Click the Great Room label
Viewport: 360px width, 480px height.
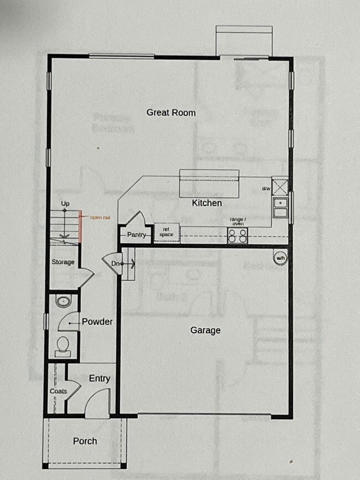pos(171,112)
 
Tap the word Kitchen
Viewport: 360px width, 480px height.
pos(207,203)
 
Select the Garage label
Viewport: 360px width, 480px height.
pos(205,330)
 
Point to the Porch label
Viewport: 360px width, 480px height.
pos(85,441)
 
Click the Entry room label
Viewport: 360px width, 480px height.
pos(100,379)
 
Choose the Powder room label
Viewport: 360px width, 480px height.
pos(97,322)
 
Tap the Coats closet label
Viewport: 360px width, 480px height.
pos(58,391)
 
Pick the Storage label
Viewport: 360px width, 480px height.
pos(63,262)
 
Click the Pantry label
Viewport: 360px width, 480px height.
pos(136,235)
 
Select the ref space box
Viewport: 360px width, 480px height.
pos(167,233)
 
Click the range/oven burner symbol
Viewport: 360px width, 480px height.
pos(238,236)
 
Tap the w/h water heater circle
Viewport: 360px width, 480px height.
pos(280,257)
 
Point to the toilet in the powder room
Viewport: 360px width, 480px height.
pos(63,347)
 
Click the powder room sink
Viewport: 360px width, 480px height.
pos(63,302)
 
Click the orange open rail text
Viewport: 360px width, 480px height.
pos(100,218)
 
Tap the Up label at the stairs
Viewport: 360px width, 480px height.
pos(65,204)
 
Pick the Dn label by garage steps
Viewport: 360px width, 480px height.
pos(115,264)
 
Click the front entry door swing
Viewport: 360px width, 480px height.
pos(97,401)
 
